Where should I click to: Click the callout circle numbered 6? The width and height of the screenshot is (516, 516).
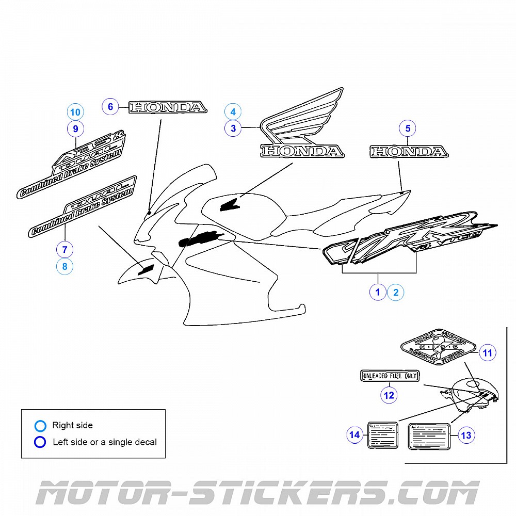tap(110, 107)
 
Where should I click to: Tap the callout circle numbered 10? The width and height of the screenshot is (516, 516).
tap(75, 112)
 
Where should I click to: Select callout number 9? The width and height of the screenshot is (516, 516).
tap(75, 128)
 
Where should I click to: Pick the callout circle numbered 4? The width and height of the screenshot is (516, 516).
tap(233, 112)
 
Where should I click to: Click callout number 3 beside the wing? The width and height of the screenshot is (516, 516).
tap(233, 128)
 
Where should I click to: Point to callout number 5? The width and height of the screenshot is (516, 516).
tap(408, 128)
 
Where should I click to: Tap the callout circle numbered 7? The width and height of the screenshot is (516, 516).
tap(64, 250)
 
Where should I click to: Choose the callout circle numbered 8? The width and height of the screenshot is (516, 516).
tap(64, 266)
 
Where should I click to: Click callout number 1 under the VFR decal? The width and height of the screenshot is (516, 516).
tap(378, 292)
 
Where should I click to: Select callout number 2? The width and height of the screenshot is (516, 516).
tap(396, 292)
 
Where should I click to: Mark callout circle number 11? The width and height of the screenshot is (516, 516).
tap(487, 353)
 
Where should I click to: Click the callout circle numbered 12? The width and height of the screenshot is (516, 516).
tap(389, 395)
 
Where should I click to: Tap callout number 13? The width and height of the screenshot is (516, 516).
tap(465, 436)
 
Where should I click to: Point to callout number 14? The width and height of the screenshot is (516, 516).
tap(354, 436)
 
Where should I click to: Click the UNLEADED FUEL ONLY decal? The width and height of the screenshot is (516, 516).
tap(389, 376)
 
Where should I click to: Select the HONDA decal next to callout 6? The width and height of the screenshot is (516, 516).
tap(168, 107)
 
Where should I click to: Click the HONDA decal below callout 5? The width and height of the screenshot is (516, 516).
tap(408, 152)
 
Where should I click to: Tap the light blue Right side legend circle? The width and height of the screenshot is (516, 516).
tap(40, 426)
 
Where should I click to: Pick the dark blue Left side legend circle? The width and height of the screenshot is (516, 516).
tap(40, 442)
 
